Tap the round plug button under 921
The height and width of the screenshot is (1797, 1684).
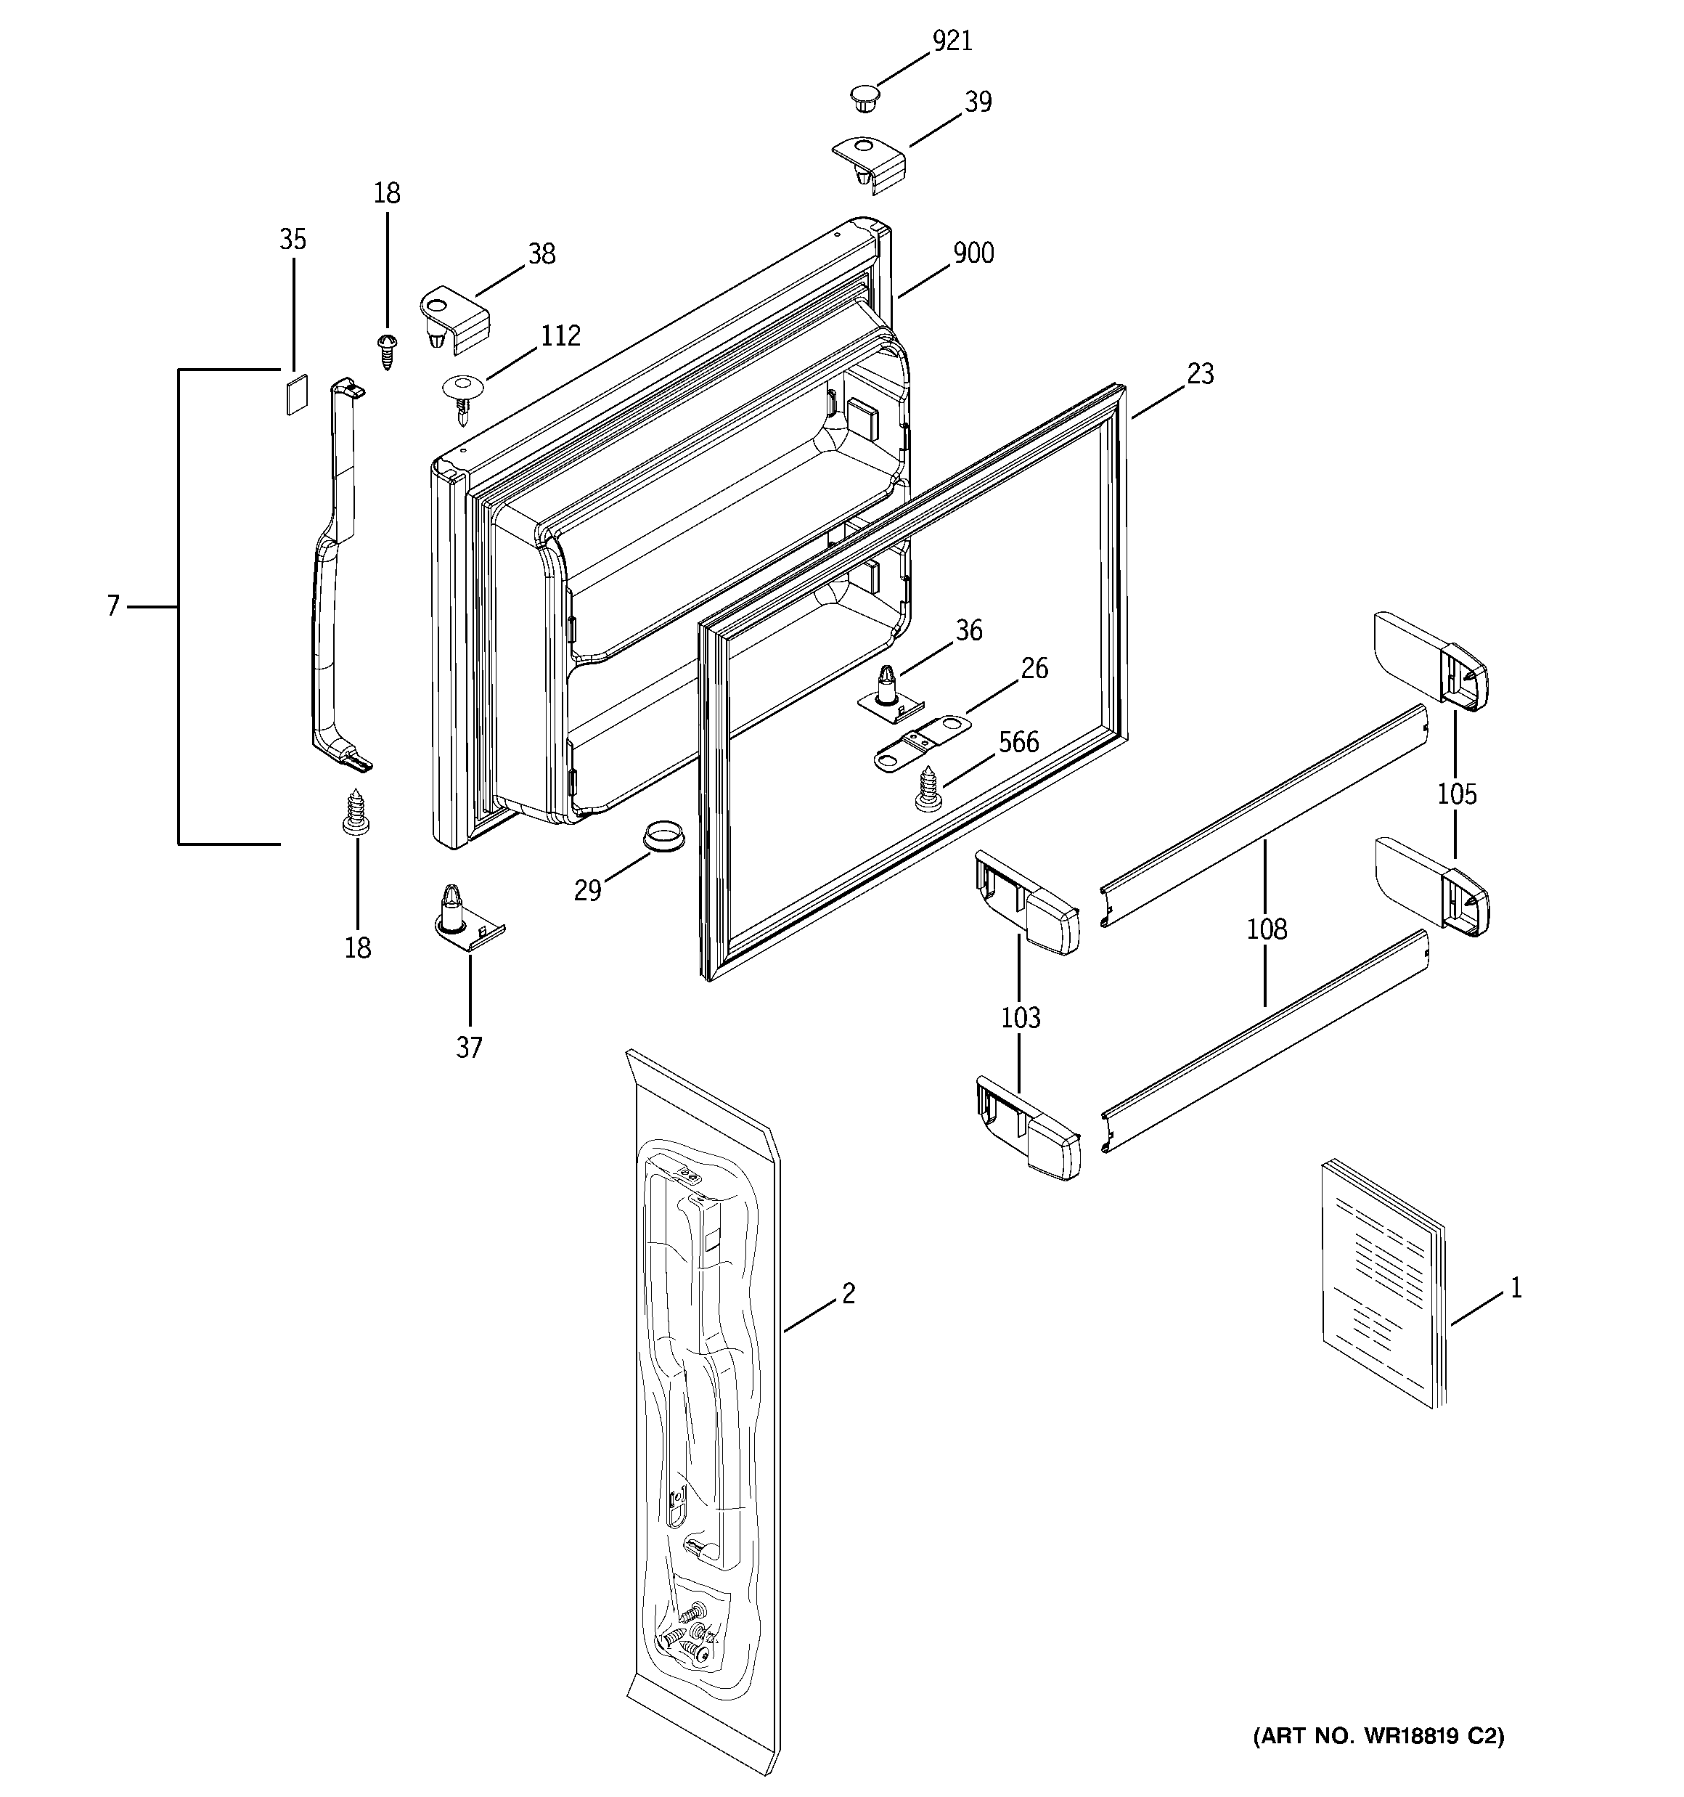pos(865,97)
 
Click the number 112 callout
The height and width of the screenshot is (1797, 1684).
pos(560,336)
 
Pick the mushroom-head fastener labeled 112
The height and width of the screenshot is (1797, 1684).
pos(464,395)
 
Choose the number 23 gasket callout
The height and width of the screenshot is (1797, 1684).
pos(1200,374)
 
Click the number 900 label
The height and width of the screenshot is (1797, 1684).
pos(973,254)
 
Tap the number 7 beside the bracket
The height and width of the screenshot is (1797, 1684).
pos(113,606)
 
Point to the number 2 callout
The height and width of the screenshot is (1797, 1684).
pos(848,1295)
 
